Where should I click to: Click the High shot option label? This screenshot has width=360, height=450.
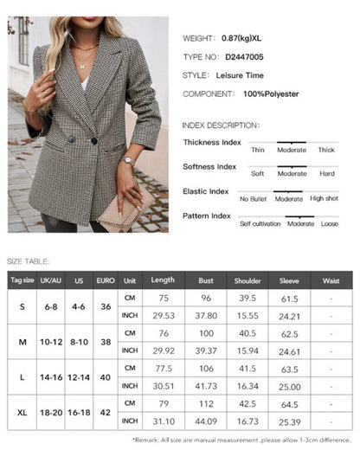point(324,198)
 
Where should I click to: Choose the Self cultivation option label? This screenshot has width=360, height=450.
point(258,223)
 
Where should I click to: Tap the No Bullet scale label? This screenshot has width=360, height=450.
point(254,198)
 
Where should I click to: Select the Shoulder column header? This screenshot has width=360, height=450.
point(247,280)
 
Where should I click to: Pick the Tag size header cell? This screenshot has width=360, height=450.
point(22,280)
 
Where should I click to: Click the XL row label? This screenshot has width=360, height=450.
point(22,412)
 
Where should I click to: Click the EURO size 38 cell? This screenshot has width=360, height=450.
point(106,342)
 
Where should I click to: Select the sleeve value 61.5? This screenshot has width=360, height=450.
point(290,299)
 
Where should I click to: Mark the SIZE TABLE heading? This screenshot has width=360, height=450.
point(28,260)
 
